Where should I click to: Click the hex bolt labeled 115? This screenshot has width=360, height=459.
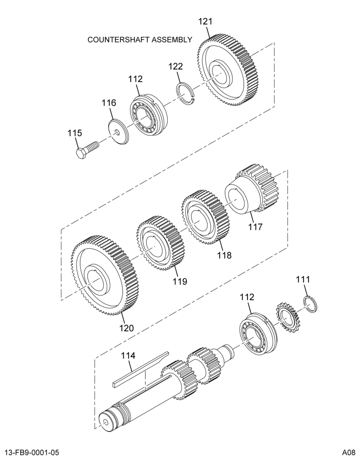pyautogui.click(x=87, y=149)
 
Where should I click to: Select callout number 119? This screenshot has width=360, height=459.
pyautogui.click(x=180, y=281)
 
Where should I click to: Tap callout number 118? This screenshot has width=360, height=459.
pyautogui.click(x=224, y=255)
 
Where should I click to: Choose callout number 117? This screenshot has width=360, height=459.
pyautogui.click(x=255, y=227)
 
